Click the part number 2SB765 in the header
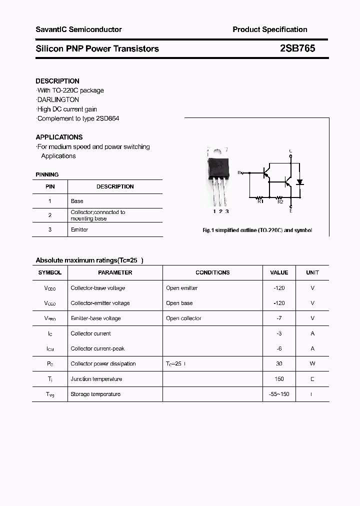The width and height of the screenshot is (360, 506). (297, 48)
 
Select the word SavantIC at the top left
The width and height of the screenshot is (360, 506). (51, 29)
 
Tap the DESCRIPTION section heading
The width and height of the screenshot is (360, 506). (57, 81)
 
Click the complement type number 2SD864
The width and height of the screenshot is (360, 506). (107, 118)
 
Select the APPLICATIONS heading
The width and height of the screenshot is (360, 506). (59, 137)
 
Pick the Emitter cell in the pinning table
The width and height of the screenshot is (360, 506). (79, 229)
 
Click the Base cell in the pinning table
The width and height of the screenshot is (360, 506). (77, 201)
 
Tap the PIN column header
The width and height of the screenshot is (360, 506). (50, 186)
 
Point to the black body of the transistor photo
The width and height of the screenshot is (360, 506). (218, 165)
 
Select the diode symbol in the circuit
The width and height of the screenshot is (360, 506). (299, 182)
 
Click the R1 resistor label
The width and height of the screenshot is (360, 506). (260, 201)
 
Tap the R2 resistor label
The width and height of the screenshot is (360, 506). (280, 201)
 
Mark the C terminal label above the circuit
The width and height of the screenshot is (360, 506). (290, 151)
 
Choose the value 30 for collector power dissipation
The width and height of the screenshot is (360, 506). (279, 363)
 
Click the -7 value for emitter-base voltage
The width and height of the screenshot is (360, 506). (279, 318)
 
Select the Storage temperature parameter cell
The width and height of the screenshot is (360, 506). (95, 394)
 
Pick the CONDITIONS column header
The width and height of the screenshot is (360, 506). (212, 272)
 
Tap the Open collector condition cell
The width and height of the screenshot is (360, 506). (183, 318)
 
